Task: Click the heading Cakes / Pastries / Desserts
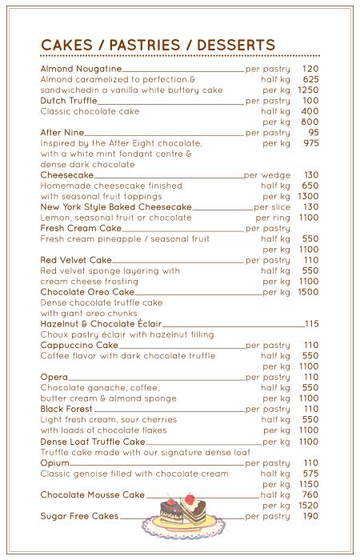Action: [x=158, y=45]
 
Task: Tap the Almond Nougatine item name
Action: [x=81, y=69]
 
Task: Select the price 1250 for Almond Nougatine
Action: [x=308, y=90]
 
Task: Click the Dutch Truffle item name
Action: [x=69, y=101]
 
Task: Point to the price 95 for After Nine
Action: [x=313, y=133]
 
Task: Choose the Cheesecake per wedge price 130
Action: [x=310, y=175]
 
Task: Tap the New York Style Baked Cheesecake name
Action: [x=116, y=207]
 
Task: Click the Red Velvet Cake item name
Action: [x=76, y=260]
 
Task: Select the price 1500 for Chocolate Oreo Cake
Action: [x=308, y=292]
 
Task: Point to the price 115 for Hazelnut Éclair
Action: [x=311, y=324]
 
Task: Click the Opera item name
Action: [x=54, y=378]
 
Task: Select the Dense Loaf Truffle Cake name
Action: [x=93, y=442]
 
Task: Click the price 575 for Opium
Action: [x=310, y=474]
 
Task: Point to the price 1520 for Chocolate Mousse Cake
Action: [x=308, y=506]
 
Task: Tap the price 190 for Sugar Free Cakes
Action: [x=310, y=516]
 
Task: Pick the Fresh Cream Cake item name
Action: [x=81, y=229]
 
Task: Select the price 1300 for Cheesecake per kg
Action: [x=308, y=197]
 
